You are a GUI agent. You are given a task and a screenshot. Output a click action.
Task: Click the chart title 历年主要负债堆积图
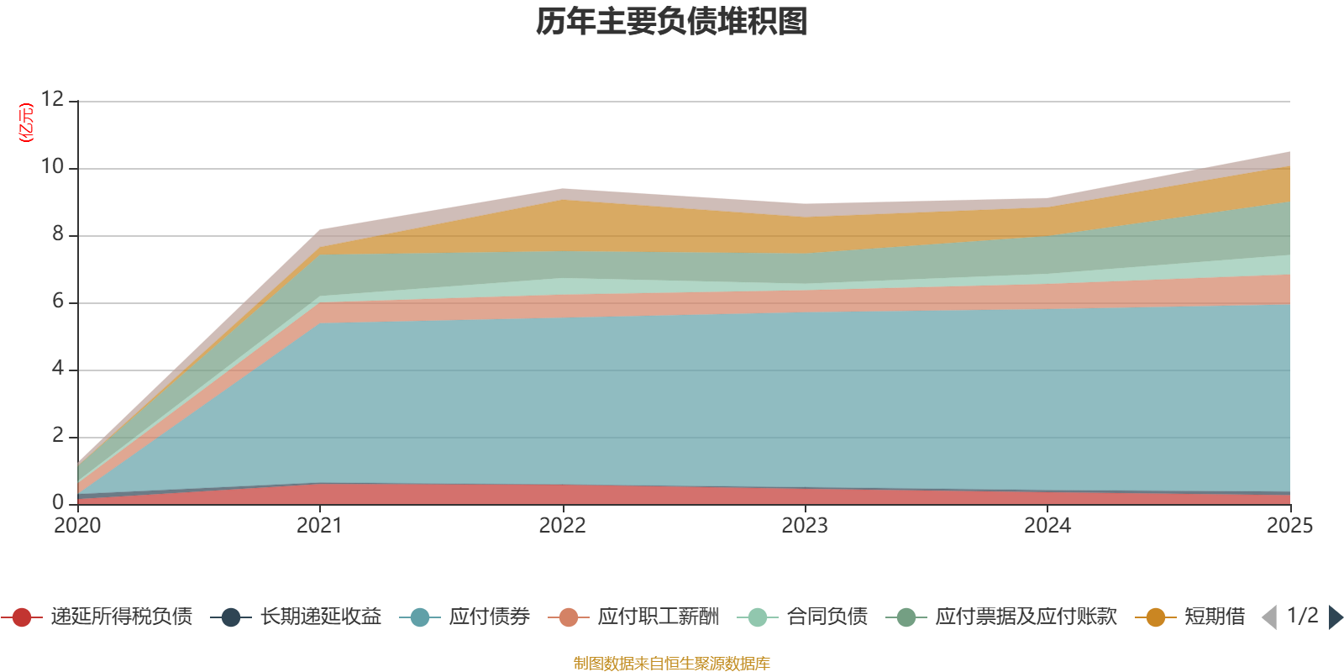point(672,22)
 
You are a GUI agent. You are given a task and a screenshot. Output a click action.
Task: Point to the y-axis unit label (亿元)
point(27,123)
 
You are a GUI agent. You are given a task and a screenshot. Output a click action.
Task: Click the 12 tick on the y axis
point(53,99)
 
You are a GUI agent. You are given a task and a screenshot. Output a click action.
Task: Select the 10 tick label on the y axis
point(53,166)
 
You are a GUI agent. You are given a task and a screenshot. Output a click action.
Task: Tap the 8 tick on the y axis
point(58,234)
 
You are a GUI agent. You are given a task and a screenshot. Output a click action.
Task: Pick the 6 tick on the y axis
point(58,301)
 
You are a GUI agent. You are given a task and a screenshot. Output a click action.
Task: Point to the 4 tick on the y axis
point(58,368)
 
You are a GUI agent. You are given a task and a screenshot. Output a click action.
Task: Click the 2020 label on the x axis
point(77,526)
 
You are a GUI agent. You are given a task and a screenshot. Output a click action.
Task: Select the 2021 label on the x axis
point(319,526)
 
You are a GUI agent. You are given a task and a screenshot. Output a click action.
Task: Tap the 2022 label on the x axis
point(562,526)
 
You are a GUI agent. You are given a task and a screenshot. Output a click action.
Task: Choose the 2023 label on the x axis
point(805,526)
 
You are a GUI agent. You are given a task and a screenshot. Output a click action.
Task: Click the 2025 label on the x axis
point(1289,526)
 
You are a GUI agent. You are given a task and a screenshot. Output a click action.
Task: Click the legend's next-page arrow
point(1335,617)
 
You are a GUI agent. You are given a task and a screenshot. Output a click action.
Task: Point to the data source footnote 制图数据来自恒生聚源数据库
point(672,664)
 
